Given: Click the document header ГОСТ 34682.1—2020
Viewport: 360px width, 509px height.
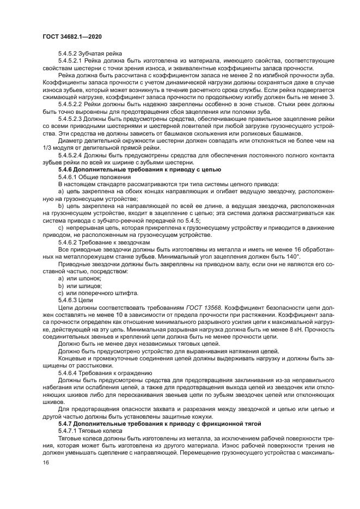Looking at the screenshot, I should pyautogui.click(x=72, y=36).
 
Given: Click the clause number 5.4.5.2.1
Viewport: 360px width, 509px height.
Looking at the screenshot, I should pyautogui.click(x=72, y=61).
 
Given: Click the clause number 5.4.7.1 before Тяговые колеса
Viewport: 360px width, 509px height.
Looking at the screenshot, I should pyautogui.click(x=69, y=430).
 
